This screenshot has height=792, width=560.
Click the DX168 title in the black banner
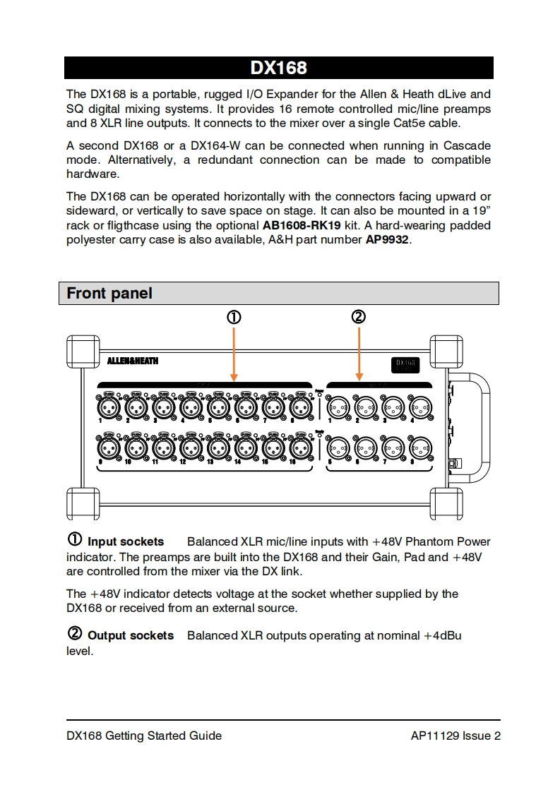279,68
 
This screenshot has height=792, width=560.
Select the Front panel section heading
109,293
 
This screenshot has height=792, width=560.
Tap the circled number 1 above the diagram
234,318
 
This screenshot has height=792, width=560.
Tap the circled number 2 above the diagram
359,317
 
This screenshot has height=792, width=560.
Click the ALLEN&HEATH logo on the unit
133,361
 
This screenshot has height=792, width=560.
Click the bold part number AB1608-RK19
302,225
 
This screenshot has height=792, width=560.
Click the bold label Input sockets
125,542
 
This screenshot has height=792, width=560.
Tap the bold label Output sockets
130,636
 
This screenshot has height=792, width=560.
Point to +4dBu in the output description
442,635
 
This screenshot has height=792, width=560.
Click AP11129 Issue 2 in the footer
455,736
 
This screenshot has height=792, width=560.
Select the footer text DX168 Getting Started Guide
144,736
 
